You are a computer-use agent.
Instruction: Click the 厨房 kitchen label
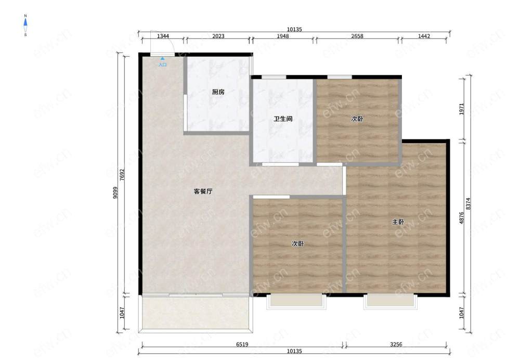[218, 92]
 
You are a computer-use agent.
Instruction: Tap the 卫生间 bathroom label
[283, 119]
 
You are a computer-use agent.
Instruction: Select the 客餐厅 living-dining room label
[203, 191]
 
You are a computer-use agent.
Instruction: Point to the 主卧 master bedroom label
[398, 222]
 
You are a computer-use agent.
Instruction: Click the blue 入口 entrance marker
[162, 63]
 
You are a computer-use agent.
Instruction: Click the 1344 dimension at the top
[163, 36]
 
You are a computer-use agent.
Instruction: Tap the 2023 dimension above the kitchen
[218, 36]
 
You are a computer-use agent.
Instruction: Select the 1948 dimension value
[282, 36]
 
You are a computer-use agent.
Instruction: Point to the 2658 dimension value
[357, 36]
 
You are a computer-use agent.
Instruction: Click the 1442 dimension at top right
[424, 36]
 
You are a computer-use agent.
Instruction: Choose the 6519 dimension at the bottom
[242, 344]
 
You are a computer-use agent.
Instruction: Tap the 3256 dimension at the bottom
[396, 344]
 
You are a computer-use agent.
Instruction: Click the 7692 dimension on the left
[122, 175]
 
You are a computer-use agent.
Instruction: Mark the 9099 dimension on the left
[115, 192]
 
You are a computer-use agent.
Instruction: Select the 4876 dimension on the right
[462, 217]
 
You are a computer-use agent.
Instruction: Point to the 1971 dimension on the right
[462, 109]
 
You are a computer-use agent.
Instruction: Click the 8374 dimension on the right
[469, 204]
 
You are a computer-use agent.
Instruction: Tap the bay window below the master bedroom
[391, 301]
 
